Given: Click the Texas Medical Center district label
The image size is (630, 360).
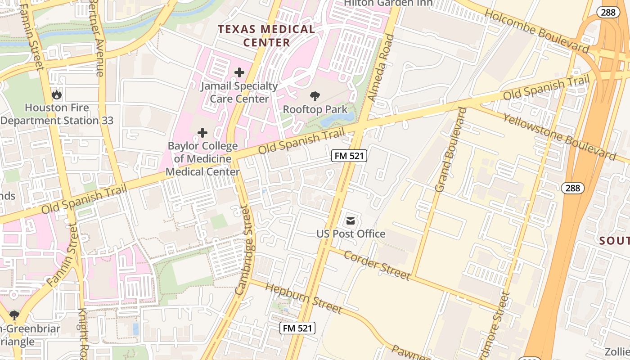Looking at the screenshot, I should tap(266, 36).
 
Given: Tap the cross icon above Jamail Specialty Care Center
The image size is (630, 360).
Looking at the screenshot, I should tap(239, 72).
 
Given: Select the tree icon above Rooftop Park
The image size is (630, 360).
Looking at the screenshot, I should tap(315, 96).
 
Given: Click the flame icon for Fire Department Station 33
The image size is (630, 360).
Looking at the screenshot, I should tap(57, 94).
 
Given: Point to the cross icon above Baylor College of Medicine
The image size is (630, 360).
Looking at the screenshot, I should tap(202, 133).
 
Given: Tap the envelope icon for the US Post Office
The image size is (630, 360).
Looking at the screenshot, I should tap(351, 221).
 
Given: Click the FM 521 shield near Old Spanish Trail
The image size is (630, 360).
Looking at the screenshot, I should tap(349, 156).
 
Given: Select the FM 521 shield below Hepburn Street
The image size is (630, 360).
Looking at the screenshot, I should tap(297, 328).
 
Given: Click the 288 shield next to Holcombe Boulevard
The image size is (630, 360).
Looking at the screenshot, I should tap(608, 12).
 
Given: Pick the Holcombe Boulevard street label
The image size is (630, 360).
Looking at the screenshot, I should tap(536, 31).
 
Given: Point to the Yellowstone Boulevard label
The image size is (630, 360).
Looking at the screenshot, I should tap(559, 136).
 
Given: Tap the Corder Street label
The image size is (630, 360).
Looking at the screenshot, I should tap(377, 265).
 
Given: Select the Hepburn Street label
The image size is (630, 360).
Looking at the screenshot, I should tap(303, 297).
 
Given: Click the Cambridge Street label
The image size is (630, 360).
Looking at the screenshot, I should tap(244, 250).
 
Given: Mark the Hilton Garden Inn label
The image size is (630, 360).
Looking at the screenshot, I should tap(388, 4).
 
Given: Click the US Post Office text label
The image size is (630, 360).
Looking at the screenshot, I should tap(351, 234).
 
